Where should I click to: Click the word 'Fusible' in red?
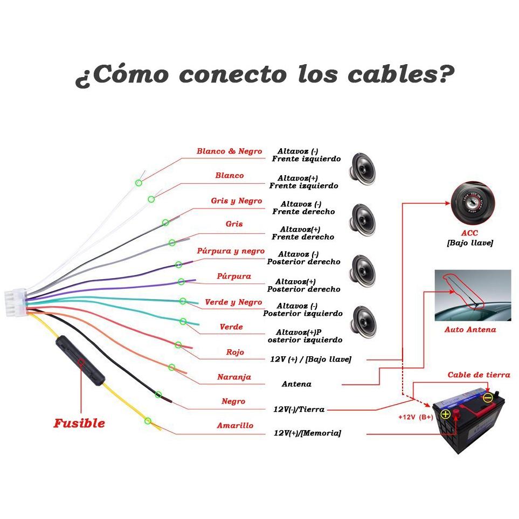[x=79, y=424]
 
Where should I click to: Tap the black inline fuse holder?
[x=80, y=361]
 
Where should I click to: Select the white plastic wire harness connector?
[x=16, y=302]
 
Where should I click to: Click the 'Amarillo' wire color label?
[x=235, y=425]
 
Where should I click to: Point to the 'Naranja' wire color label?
[x=234, y=377]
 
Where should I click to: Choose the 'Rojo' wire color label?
[x=235, y=352]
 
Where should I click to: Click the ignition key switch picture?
[x=473, y=203]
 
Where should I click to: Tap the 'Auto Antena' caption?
[x=470, y=329]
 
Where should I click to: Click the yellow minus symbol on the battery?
[x=488, y=398]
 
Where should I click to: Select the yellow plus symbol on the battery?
[x=446, y=414]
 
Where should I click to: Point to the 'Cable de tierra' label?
[x=479, y=375]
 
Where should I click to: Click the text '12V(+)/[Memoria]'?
[x=307, y=433]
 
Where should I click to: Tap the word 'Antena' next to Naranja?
[x=296, y=384]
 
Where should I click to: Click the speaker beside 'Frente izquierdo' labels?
[x=363, y=169]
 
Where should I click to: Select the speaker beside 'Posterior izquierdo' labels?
[x=363, y=322]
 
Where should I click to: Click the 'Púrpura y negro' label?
[x=231, y=251]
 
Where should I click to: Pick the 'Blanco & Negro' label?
[x=230, y=151]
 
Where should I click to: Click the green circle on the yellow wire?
[x=148, y=421]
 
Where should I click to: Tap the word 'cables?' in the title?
[x=401, y=74]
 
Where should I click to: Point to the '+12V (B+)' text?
[x=416, y=417]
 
